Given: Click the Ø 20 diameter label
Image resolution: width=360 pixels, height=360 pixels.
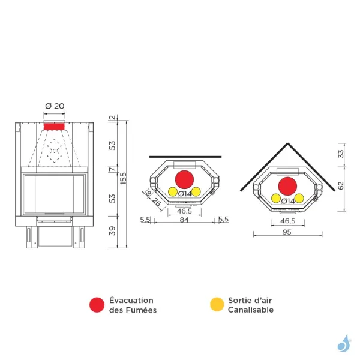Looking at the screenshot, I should pos(55,106).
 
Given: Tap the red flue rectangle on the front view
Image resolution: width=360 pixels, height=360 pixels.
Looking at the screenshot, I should pos(53,125).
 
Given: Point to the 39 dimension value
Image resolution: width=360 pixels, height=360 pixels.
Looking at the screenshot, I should pos(112,232).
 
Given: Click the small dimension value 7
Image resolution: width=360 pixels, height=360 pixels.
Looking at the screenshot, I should pos(112,170).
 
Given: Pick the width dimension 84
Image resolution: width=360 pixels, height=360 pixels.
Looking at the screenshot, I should pos(184,220).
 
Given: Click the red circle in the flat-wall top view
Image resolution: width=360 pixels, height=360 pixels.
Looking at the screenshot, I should pos(184,179).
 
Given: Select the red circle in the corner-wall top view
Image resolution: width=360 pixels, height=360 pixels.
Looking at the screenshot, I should pos(287,185).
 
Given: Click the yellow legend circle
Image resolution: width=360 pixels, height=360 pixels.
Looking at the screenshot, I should pos(217,305).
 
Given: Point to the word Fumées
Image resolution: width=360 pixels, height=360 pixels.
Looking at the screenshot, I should pos(142,310).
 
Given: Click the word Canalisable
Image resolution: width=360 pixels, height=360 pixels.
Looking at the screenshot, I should pos(250,310).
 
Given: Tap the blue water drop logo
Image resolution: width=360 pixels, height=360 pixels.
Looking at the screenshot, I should pos(343,343).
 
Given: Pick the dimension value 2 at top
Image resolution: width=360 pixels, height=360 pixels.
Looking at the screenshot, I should pos(112,118).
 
